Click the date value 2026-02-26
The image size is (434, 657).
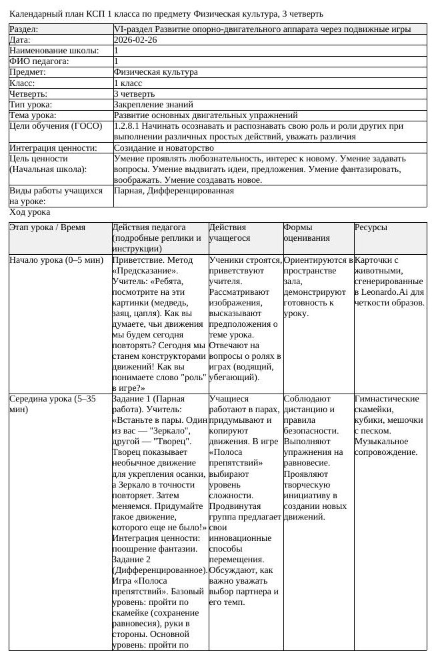(136, 40)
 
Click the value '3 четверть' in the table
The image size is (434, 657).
(134, 94)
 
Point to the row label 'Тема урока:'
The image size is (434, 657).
(33, 115)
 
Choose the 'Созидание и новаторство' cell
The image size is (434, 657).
(164, 147)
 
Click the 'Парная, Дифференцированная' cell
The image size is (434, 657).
(174, 191)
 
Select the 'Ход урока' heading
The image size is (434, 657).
(30, 212)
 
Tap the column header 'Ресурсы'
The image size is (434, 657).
(371, 227)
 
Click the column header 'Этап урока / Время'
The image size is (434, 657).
(47, 227)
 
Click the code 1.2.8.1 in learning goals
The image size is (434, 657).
(127, 126)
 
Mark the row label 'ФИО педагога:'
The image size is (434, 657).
(39, 61)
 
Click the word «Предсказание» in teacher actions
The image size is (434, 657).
(145, 271)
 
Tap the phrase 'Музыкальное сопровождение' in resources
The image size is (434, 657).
(387, 447)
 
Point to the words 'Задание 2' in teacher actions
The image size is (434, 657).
(133, 559)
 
